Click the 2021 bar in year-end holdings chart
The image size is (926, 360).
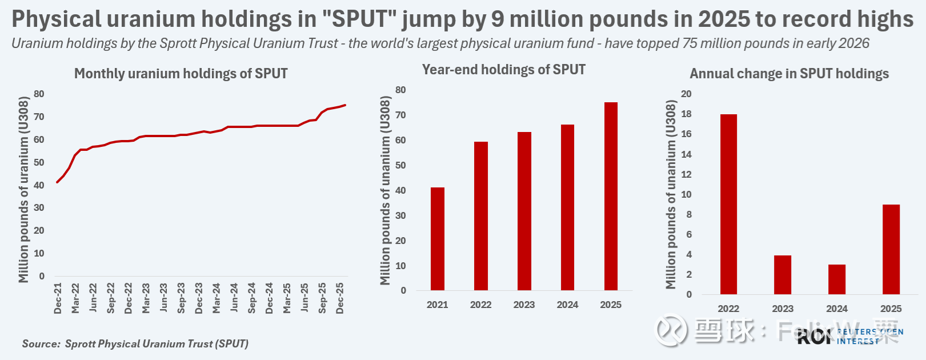tap(438, 239)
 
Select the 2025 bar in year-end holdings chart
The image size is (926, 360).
tap(611, 196)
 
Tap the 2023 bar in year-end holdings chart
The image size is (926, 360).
tap(524, 211)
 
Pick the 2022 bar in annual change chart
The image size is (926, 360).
tap(728, 204)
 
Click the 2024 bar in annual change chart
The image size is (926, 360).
tap(837, 279)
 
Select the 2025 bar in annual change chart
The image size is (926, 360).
tap(891, 249)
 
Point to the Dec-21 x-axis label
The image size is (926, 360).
tap(58, 298)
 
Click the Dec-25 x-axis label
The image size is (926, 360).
tap(340, 298)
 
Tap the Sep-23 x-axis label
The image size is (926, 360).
tap(181, 298)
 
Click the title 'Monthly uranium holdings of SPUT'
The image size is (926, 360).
tap(181, 74)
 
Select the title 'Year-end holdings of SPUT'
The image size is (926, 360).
tap(503, 70)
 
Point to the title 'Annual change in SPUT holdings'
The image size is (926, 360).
tap(789, 74)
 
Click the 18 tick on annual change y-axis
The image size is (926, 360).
tap(686, 114)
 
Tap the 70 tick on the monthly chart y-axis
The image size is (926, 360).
tap(39, 117)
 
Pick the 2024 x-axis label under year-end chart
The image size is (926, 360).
tap(567, 305)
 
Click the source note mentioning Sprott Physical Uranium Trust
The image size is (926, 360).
tap(135, 343)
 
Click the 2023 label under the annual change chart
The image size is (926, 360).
tap(783, 309)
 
